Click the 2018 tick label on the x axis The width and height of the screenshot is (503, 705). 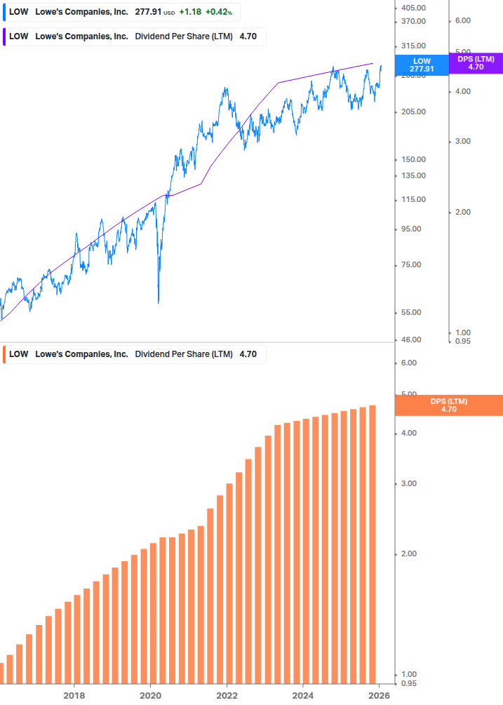tap(74, 696)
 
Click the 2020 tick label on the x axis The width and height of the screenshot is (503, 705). tap(150, 696)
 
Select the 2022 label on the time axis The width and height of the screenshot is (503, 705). tap(227, 696)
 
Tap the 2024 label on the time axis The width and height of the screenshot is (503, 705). tap(302, 696)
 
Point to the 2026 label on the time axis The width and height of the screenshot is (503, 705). tap(379, 696)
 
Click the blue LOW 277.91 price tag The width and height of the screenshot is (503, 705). tap(422, 65)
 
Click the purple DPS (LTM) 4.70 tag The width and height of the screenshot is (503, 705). tap(476, 63)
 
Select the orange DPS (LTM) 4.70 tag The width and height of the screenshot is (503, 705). tap(449, 405)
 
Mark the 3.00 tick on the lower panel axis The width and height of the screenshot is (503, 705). tap(409, 484)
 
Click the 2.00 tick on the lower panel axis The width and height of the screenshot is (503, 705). tap(409, 554)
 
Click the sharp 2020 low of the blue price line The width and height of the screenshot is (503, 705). tap(159, 302)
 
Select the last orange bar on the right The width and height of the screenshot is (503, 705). tap(373, 544)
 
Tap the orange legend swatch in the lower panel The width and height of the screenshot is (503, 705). tap(4, 354)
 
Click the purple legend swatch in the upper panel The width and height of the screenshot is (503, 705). tap(4, 36)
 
